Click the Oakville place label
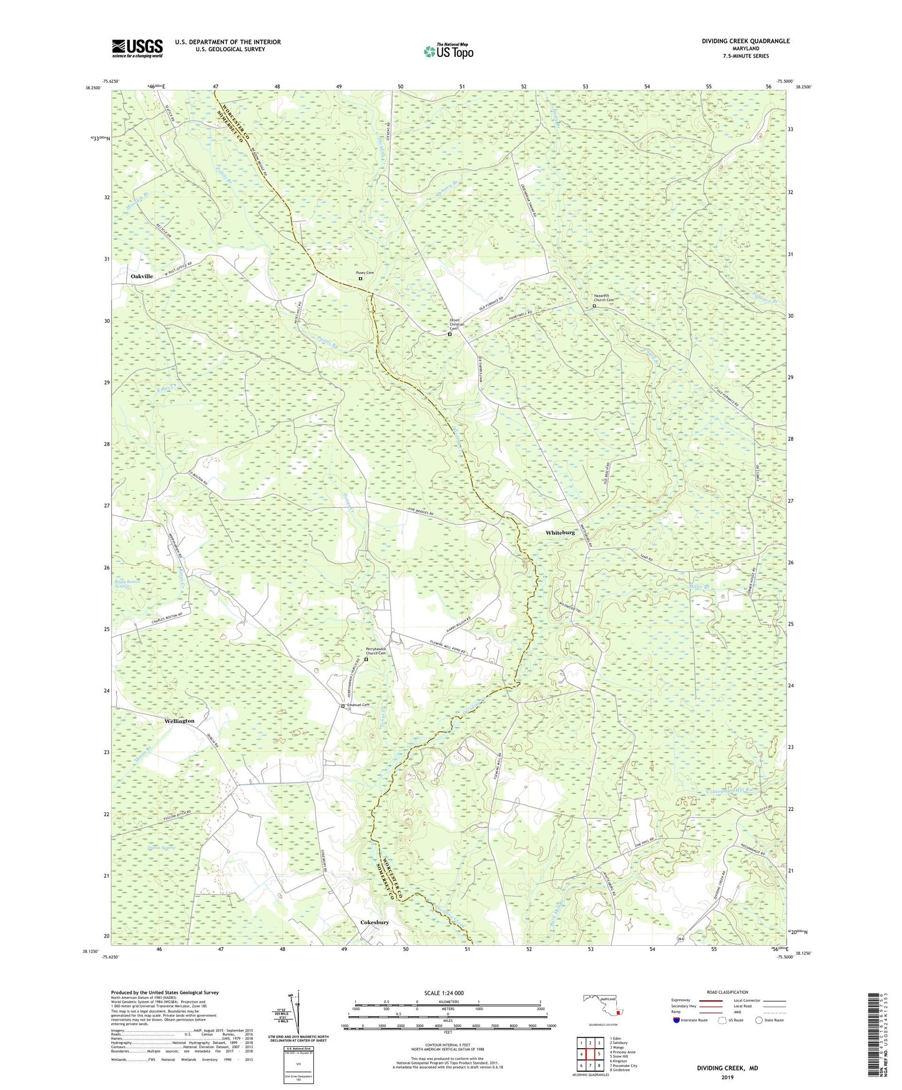tap(142, 276)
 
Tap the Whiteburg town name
tap(560, 533)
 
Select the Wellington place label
tap(180, 721)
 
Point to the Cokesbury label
tap(375, 923)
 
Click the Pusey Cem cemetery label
tap(365, 273)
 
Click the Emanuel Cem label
tap(358, 705)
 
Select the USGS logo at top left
tap(137, 48)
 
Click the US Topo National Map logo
tap(448, 51)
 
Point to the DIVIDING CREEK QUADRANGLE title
tap(745, 41)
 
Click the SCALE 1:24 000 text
tap(444, 993)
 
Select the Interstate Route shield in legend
tap(677, 1020)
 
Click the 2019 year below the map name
tap(727, 1077)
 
